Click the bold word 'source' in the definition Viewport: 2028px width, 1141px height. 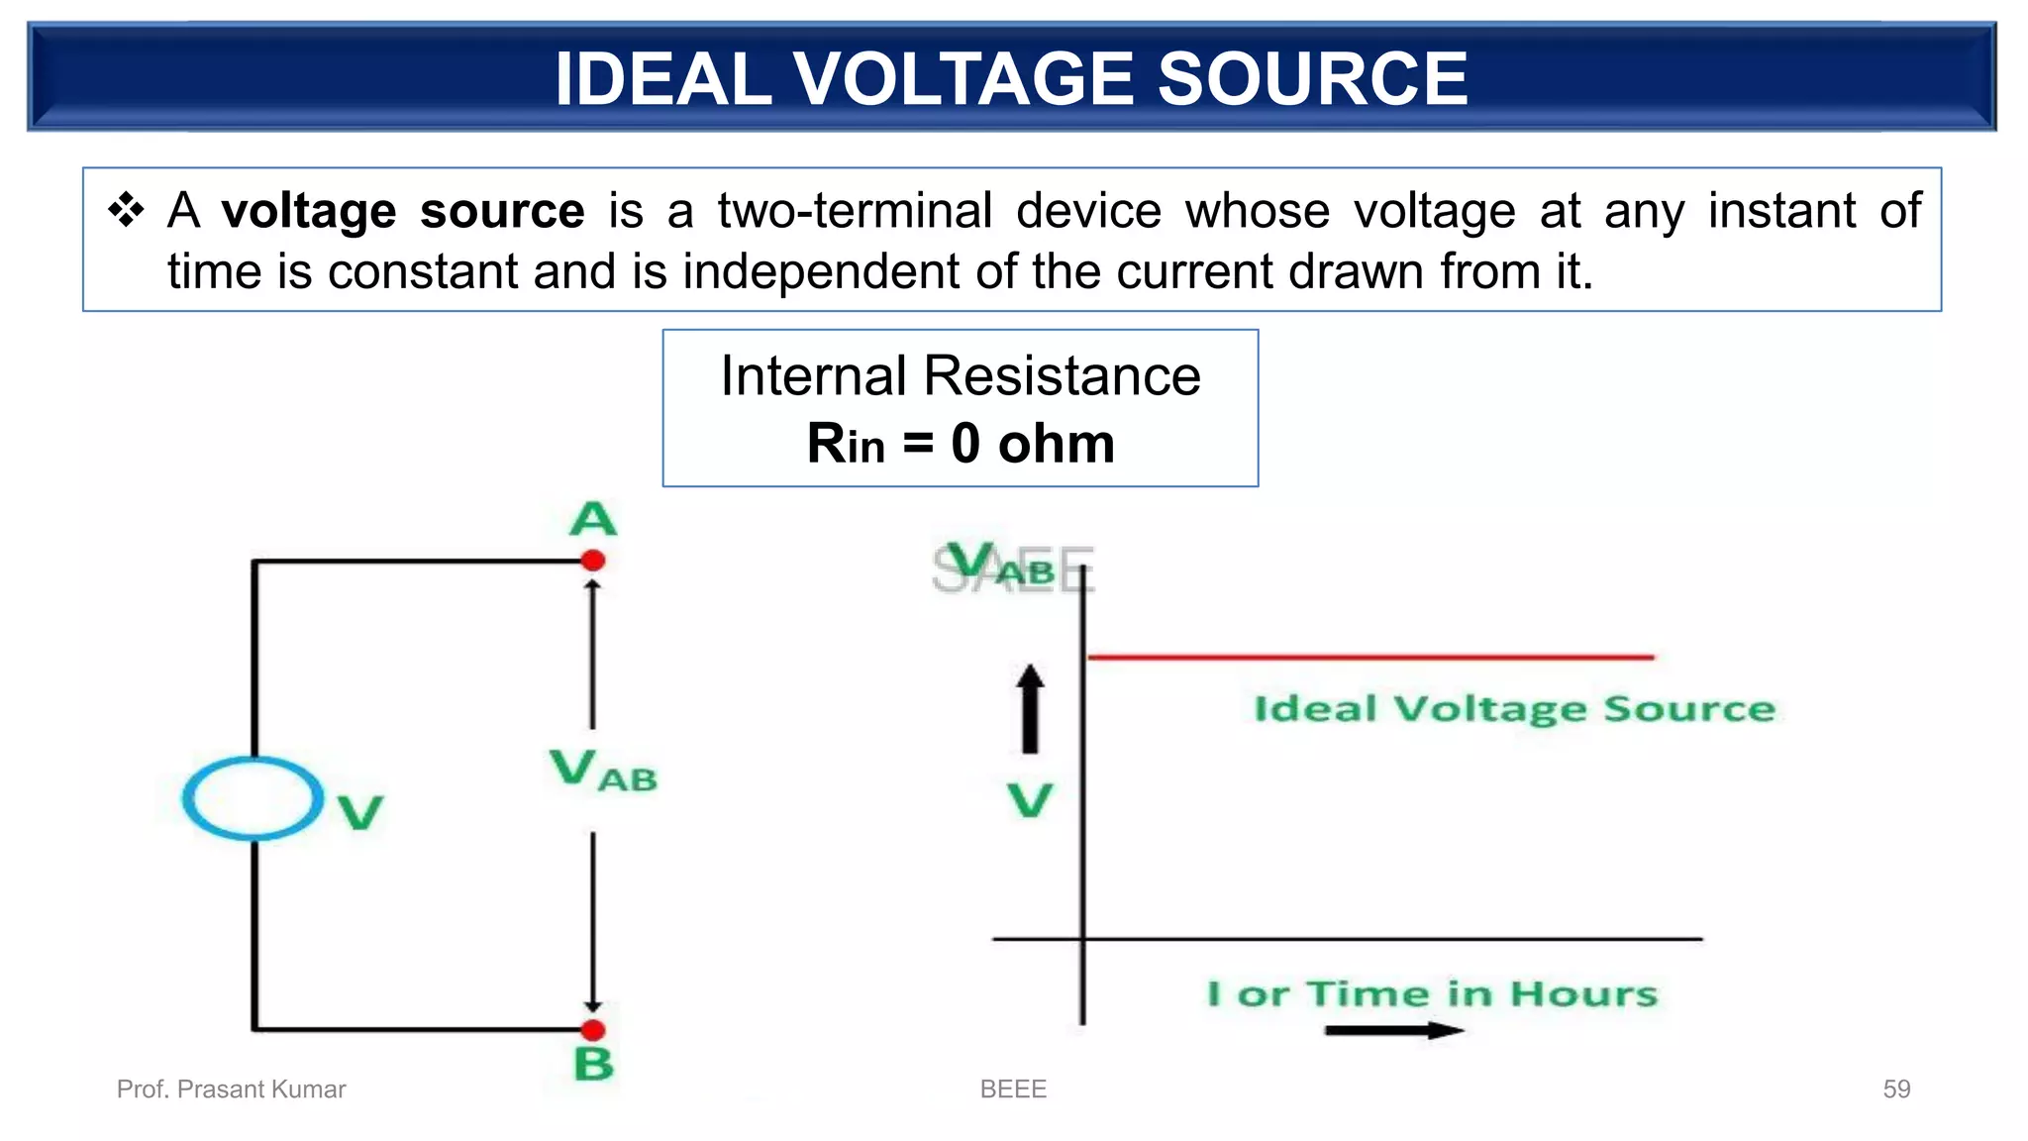[501, 212]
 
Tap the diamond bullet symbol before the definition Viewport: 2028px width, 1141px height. [127, 210]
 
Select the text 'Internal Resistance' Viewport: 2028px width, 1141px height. [960, 376]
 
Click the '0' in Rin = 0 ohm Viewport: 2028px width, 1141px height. [965, 444]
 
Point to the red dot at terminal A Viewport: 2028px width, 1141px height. [593, 561]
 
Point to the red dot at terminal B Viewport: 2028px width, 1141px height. [593, 1030]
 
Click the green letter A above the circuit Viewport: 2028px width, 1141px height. [593, 519]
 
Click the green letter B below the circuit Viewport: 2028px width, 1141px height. [593, 1065]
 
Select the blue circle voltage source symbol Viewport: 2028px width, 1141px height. [253, 798]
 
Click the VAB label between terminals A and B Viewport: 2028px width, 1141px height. [602, 772]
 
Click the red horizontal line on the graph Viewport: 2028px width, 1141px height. [1370, 657]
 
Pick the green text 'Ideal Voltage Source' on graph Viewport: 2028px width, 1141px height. [1514, 709]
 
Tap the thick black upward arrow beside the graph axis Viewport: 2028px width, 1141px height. [1031, 709]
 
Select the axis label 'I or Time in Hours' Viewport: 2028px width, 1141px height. [1431, 993]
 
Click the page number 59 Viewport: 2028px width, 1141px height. [1895, 1089]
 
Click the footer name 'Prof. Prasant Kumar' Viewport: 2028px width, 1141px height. [231, 1089]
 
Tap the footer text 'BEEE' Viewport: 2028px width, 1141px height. [1013, 1089]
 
